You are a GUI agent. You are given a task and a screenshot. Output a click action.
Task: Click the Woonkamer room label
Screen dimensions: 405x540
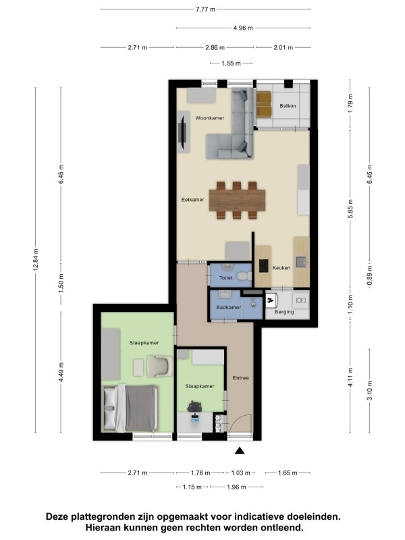click(x=209, y=117)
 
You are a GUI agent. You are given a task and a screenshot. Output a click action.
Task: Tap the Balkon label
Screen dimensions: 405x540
click(x=288, y=106)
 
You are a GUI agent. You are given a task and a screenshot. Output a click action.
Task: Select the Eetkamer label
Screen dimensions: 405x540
click(x=192, y=199)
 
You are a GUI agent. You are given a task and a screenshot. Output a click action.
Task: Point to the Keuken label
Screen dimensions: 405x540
click(x=281, y=267)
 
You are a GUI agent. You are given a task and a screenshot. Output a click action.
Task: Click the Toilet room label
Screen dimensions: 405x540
click(x=226, y=277)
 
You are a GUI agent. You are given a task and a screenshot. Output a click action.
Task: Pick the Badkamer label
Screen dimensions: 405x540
click(x=229, y=307)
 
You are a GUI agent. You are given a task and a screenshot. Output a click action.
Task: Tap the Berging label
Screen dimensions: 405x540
click(x=284, y=312)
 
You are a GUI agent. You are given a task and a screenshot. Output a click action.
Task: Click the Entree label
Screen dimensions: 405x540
click(x=241, y=378)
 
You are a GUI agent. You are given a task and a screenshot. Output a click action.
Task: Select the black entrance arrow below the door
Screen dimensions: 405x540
click(x=240, y=451)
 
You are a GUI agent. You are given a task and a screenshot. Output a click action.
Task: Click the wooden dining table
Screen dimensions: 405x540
click(x=238, y=200)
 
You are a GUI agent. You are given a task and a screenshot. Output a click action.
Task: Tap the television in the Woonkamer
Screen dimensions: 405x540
click(x=183, y=132)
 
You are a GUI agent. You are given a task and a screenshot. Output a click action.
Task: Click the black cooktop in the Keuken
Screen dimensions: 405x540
click(x=264, y=265)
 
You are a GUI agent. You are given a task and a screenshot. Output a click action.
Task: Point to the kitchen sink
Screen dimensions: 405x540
click(x=301, y=262)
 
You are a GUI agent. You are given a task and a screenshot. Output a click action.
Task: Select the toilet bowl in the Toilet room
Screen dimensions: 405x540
click(x=246, y=276)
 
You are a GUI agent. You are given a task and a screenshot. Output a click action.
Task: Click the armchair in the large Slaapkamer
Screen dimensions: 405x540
click(x=160, y=366)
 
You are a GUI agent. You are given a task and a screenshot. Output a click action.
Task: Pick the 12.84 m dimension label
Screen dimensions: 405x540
click(x=36, y=259)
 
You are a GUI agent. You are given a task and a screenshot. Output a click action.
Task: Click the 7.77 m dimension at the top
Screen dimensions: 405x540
click(x=205, y=9)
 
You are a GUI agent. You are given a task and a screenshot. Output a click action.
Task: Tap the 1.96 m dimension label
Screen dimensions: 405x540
click(x=236, y=487)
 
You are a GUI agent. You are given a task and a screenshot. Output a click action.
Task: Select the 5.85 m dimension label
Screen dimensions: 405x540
click(x=350, y=209)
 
